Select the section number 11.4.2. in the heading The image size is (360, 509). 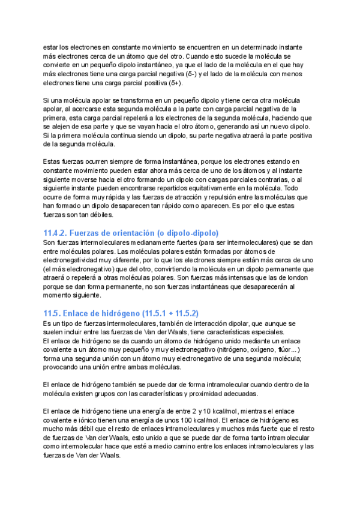[x=58, y=232]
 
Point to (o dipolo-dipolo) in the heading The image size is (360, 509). [x=188, y=232]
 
